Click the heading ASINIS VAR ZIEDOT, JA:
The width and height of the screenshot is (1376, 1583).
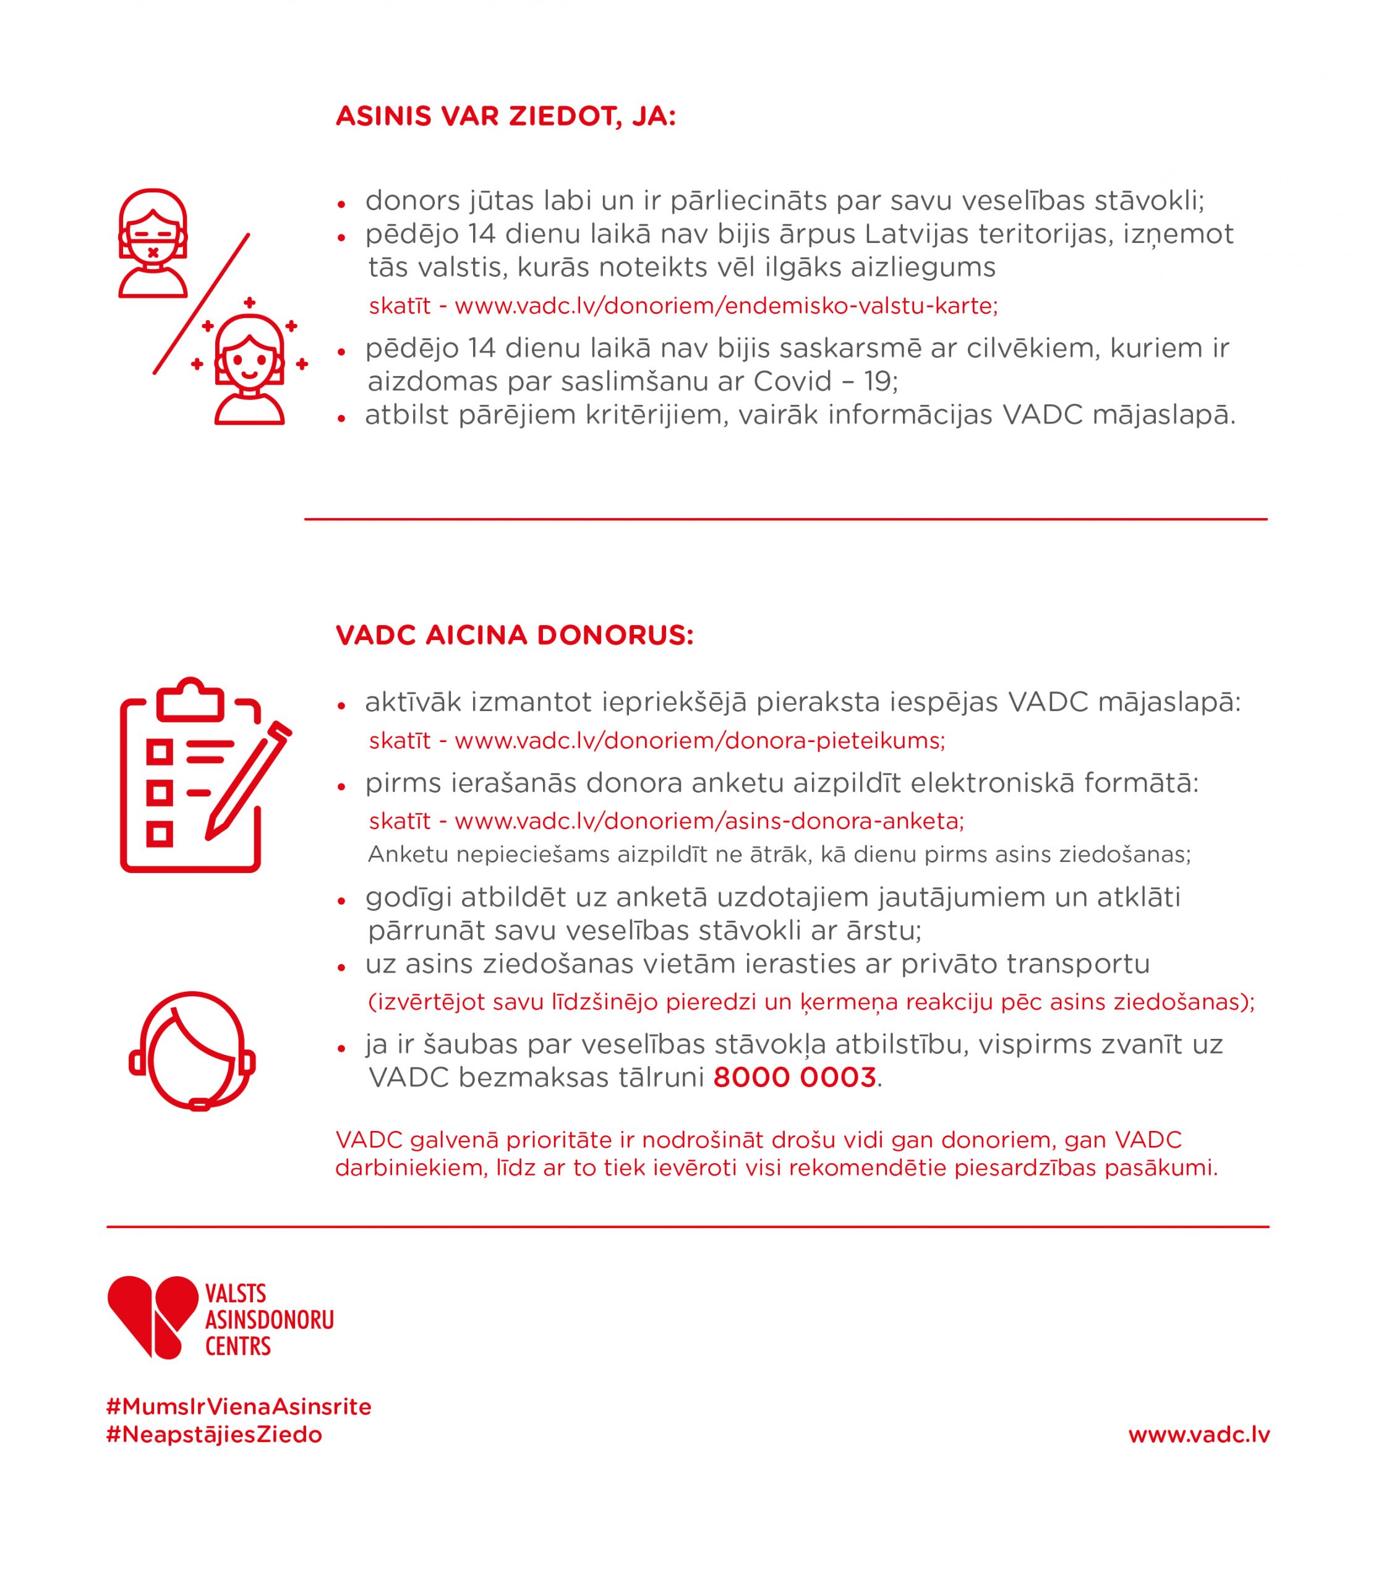(x=505, y=117)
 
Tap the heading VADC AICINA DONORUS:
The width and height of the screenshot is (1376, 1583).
(x=515, y=636)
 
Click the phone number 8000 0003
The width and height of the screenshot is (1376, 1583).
(x=794, y=1078)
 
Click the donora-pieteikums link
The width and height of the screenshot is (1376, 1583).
(x=699, y=741)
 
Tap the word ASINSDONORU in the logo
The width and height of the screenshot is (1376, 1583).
(x=270, y=1320)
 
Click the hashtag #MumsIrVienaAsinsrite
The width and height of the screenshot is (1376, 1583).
(x=239, y=1407)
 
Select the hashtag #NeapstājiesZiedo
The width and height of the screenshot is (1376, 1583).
(x=214, y=1435)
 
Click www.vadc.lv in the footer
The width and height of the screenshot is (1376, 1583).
(x=1199, y=1435)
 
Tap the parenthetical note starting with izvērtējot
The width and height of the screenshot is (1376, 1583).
(x=811, y=1002)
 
